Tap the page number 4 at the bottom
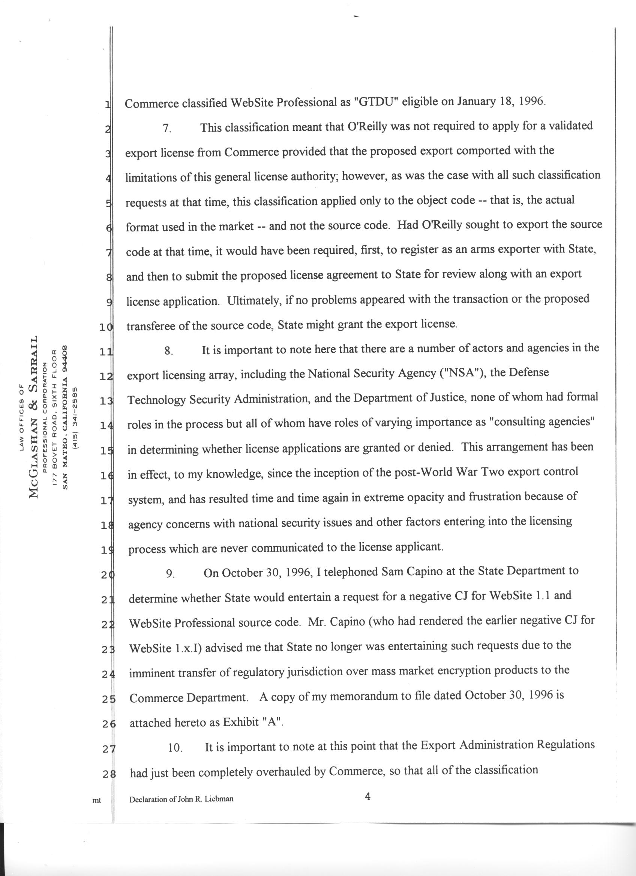[367, 796]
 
